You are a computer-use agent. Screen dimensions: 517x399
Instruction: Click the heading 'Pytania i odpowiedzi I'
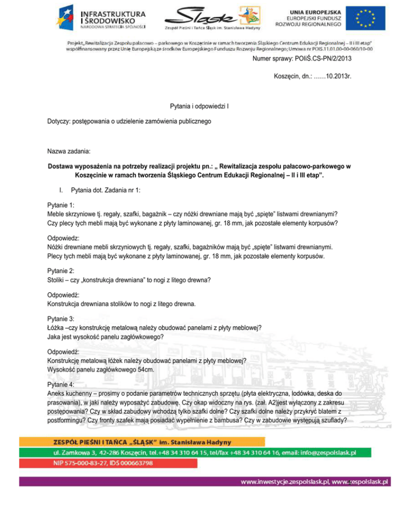[200, 106]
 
